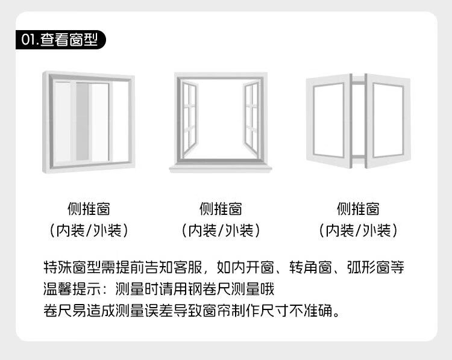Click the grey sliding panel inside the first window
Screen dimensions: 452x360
pyautogui.click(x=83, y=120)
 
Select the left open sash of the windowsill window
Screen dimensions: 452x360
pyautogui.click(x=190, y=117)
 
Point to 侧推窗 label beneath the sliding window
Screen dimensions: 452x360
pyautogui.click(x=88, y=209)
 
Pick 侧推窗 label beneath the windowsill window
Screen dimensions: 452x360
pyautogui.click(x=221, y=209)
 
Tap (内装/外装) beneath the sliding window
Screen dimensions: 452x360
pyautogui.click(x=88, y=230)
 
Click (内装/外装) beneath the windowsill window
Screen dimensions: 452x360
pyautogui.click(x=221, y=230)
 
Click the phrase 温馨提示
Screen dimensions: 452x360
pyautogui.click(x=67, y=289)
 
